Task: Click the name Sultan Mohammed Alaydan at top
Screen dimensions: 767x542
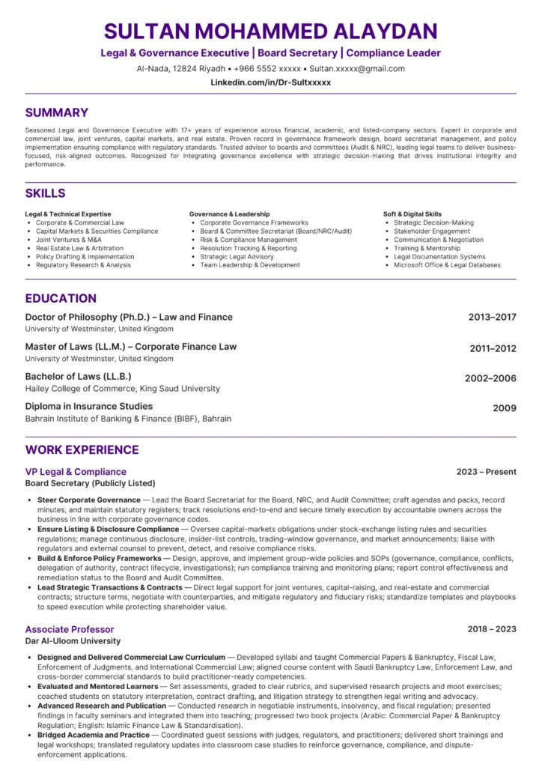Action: pyautogui.click(x=270, y=31)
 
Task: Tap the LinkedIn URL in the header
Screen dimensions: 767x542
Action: pyautogui.click(x=270, y=82)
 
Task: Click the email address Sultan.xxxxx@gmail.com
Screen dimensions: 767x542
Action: pyautogui.click(x=357, y=68)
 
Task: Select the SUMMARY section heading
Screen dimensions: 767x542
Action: pyautogui.click(x=56, y=113)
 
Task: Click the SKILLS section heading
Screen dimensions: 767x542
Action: pyautogui.click(x=45, y=192)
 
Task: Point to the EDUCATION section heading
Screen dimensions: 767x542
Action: pyautogui.click(x=61, y=298)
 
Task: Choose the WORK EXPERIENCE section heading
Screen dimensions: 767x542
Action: pyautogui.click(x=82, y=449)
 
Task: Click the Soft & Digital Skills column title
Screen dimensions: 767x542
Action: pyautogui.click(x=412, y=214)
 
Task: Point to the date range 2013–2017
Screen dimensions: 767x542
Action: pyautogui.click(x=492, y=317)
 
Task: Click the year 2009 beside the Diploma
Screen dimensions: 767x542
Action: pyautogui.click(x=504, y=408)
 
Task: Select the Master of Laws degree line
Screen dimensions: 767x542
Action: pyautogui.click(x=130, y=346)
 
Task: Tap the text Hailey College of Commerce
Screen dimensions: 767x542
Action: pyautogui.click(x=82, y=389)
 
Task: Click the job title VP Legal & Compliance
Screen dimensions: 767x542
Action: pyautogui.click(x=76, y=472)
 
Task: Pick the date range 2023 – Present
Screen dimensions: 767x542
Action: pyautogui.click(x=486, y=472)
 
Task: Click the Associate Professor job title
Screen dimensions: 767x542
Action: pyautogui.click(x=70, y=629)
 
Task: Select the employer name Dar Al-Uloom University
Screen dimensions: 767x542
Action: pyautogui.click(x=73, y=641)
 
